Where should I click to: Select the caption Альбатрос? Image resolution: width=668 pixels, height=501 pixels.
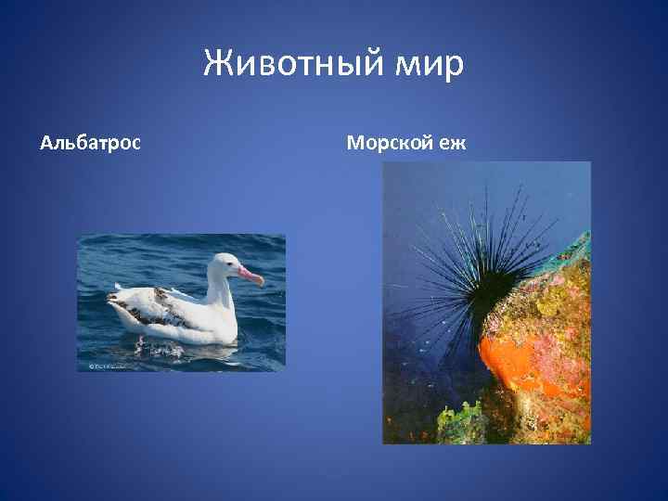pos(91,143)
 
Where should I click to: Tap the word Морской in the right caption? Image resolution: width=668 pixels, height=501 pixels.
pos(390,143)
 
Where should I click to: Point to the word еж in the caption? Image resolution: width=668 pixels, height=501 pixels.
pos(454,143)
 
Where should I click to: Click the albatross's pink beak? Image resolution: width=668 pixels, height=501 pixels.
pos(250,276)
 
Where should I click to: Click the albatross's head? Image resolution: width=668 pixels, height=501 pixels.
pos(225,267)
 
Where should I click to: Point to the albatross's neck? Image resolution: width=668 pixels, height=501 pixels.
pos(219,292)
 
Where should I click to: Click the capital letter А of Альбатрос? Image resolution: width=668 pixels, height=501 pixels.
pos(46,143)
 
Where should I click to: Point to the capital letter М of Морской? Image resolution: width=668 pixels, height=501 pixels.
pos(354,143)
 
